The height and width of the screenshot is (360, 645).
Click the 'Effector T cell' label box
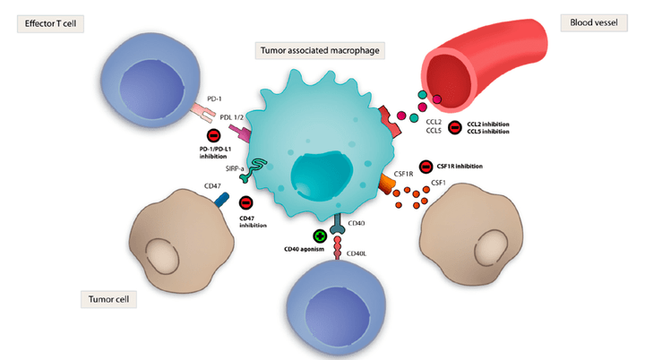click(x=51, y=23)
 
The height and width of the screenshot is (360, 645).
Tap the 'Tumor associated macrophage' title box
click(x=321, y=51)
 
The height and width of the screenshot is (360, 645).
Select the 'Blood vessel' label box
click(x=591, y=21)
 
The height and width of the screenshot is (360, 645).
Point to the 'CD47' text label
click(x=190, y=186)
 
